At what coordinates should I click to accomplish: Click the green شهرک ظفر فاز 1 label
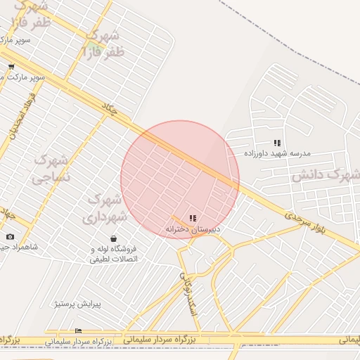[103, 43]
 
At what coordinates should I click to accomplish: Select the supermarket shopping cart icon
[11, 67]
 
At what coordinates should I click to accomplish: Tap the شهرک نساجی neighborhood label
[51, 169]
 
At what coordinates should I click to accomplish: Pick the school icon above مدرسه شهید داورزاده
[277, 143]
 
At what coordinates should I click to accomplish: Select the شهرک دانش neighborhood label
[326, 174]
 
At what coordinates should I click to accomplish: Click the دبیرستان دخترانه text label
[193, 229]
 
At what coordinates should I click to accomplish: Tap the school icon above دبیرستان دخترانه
[193, 218]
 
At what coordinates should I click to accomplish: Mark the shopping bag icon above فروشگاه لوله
[114, 238]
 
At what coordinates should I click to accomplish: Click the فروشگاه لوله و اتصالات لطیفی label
[114, 254]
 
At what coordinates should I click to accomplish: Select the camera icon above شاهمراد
[10, 237]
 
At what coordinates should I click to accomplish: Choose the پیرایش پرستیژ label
[78, 304]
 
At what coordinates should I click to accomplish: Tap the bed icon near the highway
[78, 330]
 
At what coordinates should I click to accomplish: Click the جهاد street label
[7, 211]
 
